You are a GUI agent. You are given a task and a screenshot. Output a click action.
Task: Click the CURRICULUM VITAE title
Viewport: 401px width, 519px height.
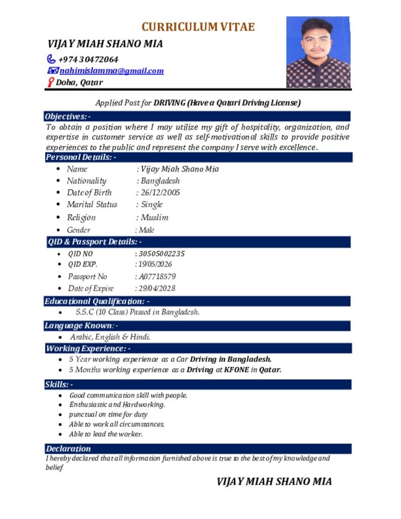198,27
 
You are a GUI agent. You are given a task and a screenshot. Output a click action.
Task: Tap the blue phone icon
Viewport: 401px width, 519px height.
51,59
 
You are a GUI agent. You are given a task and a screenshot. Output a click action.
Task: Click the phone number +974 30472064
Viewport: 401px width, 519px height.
88,59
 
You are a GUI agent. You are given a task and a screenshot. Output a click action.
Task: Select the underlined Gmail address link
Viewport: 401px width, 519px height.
112,71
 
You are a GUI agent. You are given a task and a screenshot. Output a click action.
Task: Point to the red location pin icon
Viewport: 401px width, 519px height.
50,82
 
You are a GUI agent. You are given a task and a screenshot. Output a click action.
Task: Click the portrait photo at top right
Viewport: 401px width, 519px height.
318,52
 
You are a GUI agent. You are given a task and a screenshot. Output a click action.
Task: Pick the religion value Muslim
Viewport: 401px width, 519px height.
155,217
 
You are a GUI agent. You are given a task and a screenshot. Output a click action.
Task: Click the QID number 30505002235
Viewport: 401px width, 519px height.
162,253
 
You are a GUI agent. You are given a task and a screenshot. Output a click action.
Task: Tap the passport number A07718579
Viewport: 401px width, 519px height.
158,277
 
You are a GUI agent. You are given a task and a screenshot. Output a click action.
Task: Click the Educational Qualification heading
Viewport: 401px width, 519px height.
97,302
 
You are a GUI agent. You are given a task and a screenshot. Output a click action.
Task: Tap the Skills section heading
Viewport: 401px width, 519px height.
59,385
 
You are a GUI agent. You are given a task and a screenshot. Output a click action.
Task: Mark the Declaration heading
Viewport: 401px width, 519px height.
68,449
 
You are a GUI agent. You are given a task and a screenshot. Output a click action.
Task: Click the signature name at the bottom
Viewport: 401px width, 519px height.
274,481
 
